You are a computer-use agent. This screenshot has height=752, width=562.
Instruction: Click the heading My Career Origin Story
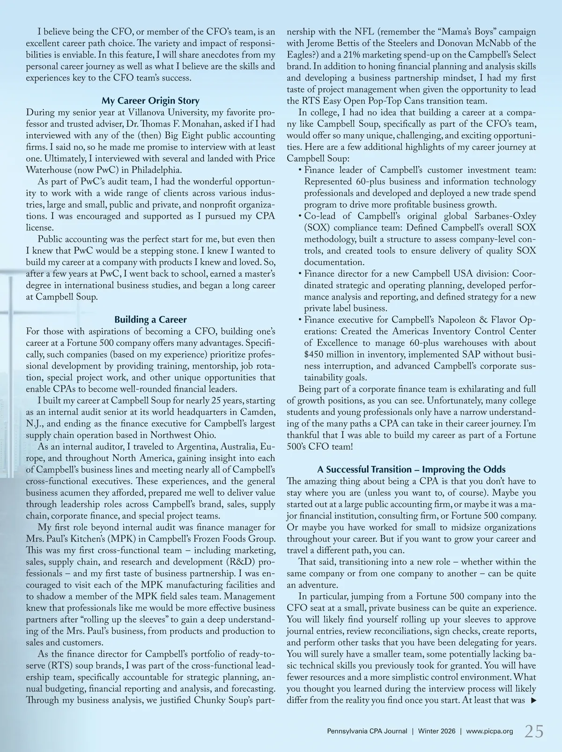(x=150, y=101)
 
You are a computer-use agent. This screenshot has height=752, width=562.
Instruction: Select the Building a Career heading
(x=150, y=320)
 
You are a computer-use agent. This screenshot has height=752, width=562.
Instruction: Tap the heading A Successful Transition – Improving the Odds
(x=411, y=470)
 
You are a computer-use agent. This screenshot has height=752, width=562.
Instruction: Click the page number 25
(x=534, y=731)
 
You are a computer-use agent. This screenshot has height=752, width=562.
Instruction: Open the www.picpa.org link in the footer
(x=489, y=731)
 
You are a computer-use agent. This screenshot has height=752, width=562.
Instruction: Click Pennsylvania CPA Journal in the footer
(x=367, y=731)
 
